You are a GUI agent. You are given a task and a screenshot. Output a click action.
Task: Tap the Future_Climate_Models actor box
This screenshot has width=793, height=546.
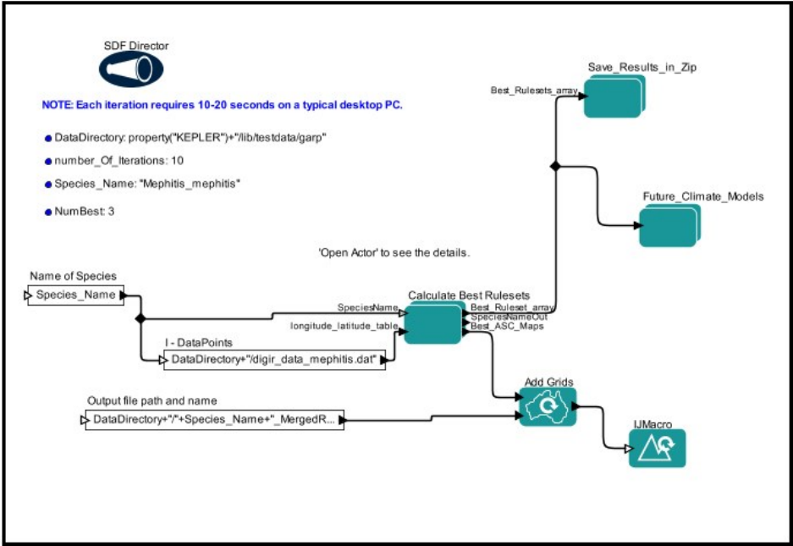(x=667, y=225)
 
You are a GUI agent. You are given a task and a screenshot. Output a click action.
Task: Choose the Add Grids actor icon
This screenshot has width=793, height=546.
(x=548, y=407)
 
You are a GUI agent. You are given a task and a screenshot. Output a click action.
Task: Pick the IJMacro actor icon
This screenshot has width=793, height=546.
(x=657, y=448)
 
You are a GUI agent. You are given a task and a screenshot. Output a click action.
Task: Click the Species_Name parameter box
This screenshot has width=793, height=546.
(x=76, y=296)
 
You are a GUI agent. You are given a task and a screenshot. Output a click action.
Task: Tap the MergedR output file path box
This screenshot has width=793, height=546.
(x=214, y=419)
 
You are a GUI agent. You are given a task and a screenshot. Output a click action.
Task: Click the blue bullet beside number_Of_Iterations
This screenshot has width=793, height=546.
(x=47, y=161)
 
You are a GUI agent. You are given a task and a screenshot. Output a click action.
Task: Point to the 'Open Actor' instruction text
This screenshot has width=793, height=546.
(x=394, y=253)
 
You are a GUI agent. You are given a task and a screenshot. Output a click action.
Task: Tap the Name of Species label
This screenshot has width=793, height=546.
(x=73, y=276)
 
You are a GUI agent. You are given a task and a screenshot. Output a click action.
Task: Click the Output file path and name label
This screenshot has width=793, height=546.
(x=152, y=400)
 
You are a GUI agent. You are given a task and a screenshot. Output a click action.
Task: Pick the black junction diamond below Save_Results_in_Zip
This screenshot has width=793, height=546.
(x=554, y=167)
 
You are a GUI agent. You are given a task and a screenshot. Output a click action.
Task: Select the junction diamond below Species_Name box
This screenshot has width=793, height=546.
(x=140, y=319)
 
